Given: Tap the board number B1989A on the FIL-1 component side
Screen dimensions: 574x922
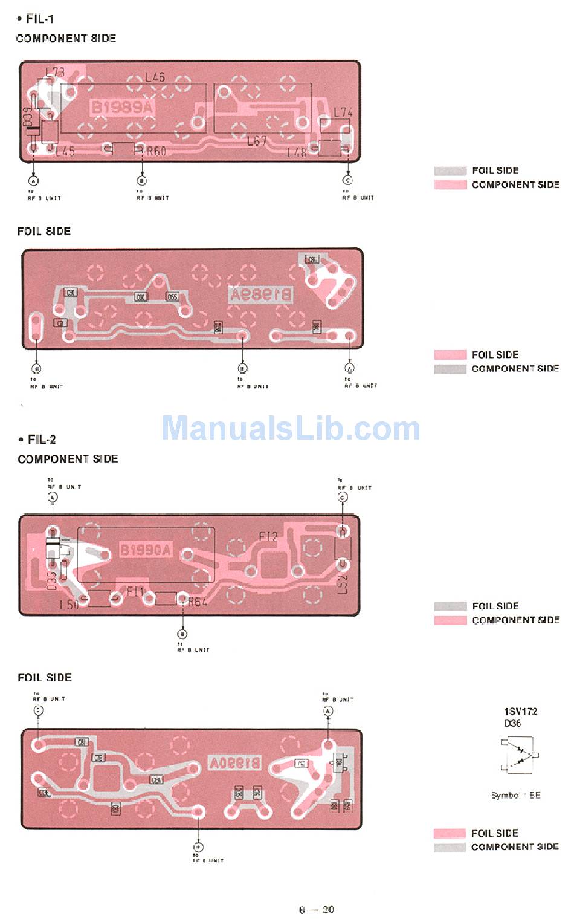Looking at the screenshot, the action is coord(122,108).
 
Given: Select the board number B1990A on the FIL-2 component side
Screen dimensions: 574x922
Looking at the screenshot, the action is coord(146,550).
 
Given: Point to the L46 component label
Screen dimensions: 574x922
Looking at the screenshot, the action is coord(155,77).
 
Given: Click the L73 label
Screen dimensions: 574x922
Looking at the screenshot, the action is coord(54,72).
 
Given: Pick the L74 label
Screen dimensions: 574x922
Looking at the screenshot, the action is coord(343,112).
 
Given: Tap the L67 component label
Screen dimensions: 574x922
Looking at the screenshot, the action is coord(257,141).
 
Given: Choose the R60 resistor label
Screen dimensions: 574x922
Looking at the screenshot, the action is coord(156,151).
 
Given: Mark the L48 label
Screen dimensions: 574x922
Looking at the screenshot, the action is coord(297,152).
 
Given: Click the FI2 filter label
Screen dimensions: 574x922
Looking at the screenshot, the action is coord(268,536).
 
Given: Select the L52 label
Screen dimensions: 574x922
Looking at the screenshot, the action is coord(343,585).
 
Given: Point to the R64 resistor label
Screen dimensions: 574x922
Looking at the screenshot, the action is coord(198,602).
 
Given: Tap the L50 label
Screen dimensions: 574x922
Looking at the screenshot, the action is coord(69,604).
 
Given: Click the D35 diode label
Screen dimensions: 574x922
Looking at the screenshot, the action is coord(51,580).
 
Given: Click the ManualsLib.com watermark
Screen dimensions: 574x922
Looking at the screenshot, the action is coord(291,428).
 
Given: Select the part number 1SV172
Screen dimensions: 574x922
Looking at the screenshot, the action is coord(520,711).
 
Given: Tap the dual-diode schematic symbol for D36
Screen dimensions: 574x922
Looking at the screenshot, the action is coord(519,755).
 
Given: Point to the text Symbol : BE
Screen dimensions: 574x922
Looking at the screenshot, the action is coord(515,795).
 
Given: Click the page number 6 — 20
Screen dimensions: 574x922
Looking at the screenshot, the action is coord(316,909).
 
